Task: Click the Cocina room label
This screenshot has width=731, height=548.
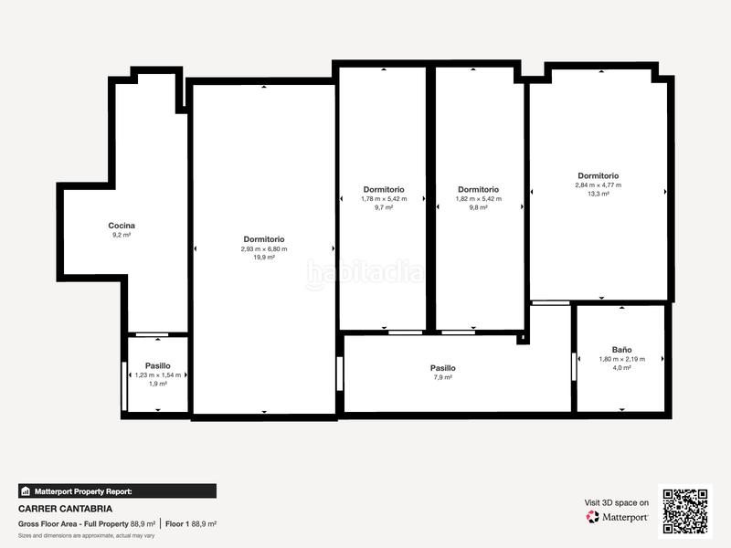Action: [122, 226]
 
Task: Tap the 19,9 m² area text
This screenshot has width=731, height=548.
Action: [264, 258]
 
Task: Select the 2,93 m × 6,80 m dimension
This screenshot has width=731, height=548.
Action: [264, 248]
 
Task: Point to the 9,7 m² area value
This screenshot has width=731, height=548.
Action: [383, 207]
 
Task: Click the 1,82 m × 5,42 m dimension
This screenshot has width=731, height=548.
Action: [478, 198]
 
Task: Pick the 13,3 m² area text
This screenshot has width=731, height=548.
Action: [599, 194]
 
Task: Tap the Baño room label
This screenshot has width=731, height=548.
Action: [621, 350]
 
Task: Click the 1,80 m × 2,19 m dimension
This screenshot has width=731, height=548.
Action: [621, 359]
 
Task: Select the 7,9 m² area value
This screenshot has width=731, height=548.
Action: [442, 377]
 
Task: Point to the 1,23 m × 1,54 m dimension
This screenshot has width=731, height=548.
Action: [157, 374]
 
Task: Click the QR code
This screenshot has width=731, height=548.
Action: [685, 511]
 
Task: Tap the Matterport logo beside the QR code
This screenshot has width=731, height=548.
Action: [618, 517]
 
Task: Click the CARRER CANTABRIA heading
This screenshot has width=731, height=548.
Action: [65, 509]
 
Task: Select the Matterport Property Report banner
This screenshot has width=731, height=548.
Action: [117, 491]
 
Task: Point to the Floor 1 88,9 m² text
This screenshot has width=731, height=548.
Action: [191, 524]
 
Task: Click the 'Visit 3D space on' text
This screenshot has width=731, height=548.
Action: [617, 502]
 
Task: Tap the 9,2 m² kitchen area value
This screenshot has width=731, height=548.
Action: [122, 235]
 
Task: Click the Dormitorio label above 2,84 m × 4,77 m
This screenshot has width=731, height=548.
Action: [599, 175]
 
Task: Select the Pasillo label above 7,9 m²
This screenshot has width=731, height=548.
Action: [442, 368]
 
